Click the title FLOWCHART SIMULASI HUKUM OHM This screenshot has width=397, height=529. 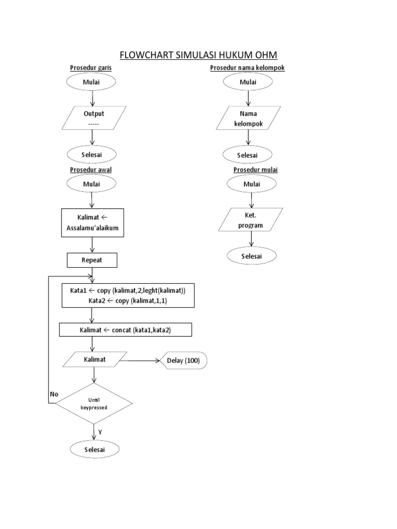click(x=198, y=55)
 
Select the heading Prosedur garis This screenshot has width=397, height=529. click(x=91, y=68)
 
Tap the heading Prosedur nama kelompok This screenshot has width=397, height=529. click(x=247, y=68)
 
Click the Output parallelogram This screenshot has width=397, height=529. click(x=94, y=118)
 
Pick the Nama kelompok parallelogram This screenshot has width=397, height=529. click(x=249, y=118)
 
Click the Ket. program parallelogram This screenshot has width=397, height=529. click(x=251, y=220)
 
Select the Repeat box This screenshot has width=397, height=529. click(x=92, y=260)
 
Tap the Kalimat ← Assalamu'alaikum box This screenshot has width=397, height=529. click(x=93, y=222)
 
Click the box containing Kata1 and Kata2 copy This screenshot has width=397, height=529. click(x=128, y=295)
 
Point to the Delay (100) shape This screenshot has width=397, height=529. click(x=184, y=360)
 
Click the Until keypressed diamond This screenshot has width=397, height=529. click(x=94, y=403)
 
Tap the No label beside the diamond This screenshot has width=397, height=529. click(x=54, y=394)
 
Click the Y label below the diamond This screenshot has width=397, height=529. click(x=100, y=431)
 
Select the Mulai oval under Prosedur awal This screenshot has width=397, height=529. click(x=91, y=184)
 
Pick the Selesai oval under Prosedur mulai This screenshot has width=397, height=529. click(x=251, y=256)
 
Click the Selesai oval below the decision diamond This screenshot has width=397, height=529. click(x=94, y=449)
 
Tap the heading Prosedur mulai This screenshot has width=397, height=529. click(x=252, y=169)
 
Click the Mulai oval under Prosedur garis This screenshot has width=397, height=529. click(x=91, y=82)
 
